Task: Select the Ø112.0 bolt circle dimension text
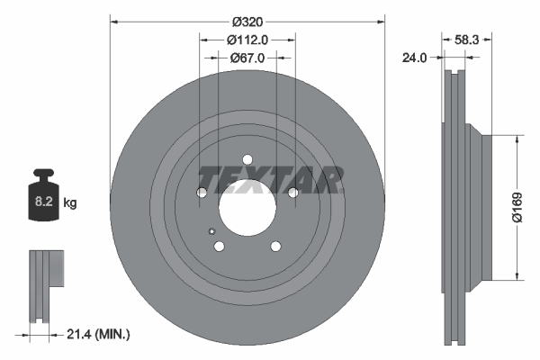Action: [247, 40]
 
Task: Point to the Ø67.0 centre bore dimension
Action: [247, 58]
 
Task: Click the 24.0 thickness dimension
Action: [413, 58]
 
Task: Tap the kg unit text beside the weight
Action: [70, 203]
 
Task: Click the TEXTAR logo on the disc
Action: [268, 180]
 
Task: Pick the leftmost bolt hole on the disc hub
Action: [202, 193]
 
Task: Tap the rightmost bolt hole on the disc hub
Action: [292, 193]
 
